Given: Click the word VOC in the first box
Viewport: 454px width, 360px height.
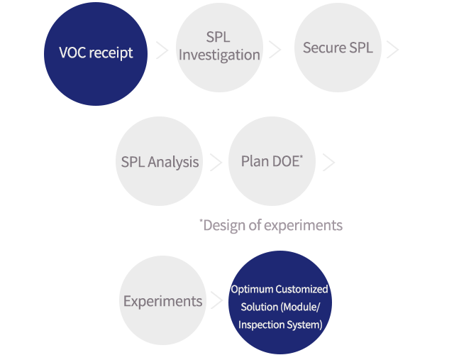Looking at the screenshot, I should (72, 53).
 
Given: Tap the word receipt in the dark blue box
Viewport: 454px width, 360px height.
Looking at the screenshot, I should (111, 54).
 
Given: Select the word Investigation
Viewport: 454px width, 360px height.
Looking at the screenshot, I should (219, 55).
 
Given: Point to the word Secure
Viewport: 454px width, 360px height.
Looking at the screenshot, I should (324, 48).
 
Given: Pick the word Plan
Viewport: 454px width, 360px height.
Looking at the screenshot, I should (255, 161).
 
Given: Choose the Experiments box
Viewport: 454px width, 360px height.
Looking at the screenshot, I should (162, 301).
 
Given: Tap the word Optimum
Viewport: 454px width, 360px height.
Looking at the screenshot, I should (252, 290).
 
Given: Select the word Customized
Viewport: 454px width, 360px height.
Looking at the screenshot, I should (301, 290).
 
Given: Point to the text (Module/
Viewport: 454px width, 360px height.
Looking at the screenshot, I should (301, 307).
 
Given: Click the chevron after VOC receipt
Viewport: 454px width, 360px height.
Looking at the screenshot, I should (162, 50).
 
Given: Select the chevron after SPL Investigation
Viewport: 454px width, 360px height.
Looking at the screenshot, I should (275, 50).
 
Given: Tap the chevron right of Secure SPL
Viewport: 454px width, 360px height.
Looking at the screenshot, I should (394, 50).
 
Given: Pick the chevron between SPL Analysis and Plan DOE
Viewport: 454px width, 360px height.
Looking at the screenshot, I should (215, 162).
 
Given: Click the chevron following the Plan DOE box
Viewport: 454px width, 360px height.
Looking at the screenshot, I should (328, 163).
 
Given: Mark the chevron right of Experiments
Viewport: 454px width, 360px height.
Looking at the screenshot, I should (217, 300).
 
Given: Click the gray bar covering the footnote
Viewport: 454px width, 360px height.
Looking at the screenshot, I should (273, 227).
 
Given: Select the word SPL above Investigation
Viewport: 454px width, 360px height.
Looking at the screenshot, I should (218, 38).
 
